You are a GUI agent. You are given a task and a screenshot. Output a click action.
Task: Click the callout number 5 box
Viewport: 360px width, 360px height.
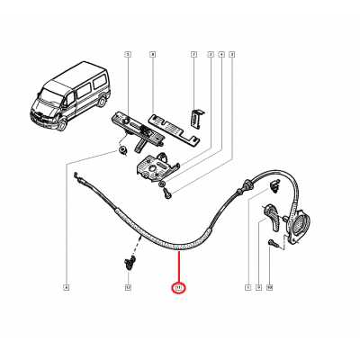127,55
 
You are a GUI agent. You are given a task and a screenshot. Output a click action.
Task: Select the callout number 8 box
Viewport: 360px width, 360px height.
153,55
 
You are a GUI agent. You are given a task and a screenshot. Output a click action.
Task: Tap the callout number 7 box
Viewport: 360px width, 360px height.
193,55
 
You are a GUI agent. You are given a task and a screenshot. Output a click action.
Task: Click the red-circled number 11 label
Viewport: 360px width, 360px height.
178,288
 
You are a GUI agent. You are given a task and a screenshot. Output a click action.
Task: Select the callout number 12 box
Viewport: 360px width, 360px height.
127,287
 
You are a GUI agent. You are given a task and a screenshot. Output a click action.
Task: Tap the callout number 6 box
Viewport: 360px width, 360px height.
66,287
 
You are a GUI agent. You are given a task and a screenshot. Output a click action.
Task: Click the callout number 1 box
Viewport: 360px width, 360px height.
247,287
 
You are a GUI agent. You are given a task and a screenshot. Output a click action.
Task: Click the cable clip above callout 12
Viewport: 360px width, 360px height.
129,263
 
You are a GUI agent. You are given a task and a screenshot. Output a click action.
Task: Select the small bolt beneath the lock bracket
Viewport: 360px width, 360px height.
167,191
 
